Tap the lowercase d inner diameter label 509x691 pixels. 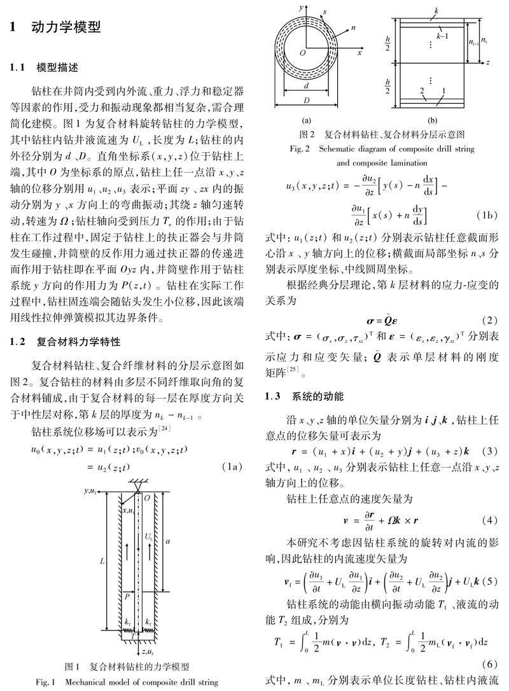pyautogui.click(x=307, y=87)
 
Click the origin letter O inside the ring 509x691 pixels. pyautogui.click(x=303, y=55)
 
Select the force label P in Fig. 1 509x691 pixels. pyautogui.click(x=127, y=596)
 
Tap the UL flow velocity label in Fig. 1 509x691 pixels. pyautogui.click(x=149, y=536)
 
